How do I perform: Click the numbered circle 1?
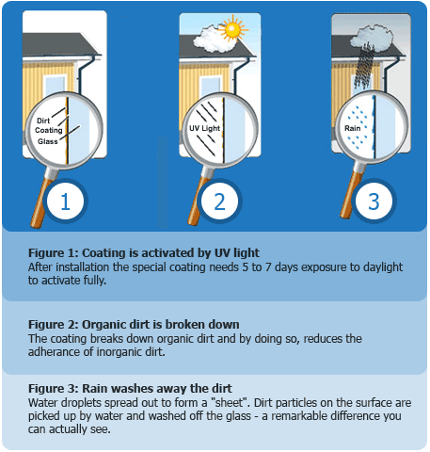pyautogui.click(x=65, y=202)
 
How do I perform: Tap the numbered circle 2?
pyautogui.click(x=219, y=202)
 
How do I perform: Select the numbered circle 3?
pyautogui.click(x=374, y=202)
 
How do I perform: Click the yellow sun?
pyautogui.click(x=232, y=29)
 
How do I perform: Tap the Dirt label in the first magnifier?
pyautogui.click(x=43, y=121)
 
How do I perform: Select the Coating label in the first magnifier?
pyautogui.click(x=49, y=130)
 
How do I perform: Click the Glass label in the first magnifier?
pyautogui.click(x=48, y=141)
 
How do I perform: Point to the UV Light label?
pyautogui.click(x=204, y=128)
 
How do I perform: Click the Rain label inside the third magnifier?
pyautogui.click(x=352, y=128)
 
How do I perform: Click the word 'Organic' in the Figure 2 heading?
pyautogui.click(x=104, y=325)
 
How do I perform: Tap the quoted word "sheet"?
pyautogui.click(x=232, y=403)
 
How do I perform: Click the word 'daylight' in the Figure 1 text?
pyautogui.click(x=383, y=267)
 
